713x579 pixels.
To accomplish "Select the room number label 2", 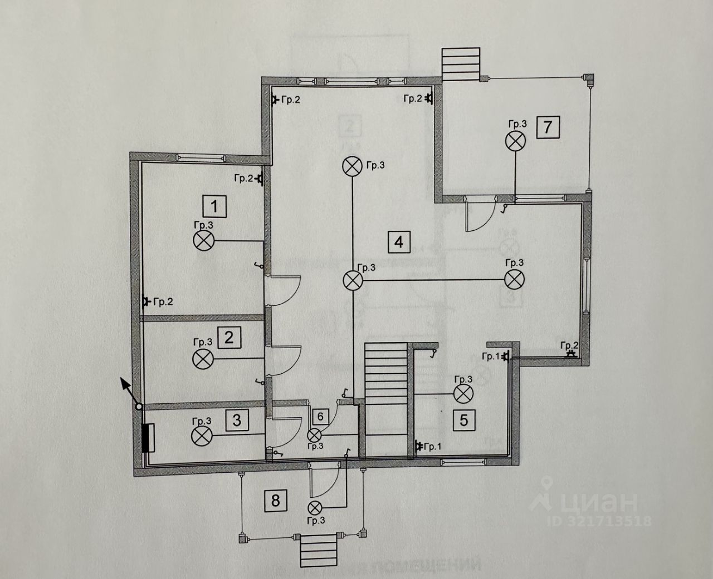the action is tap(229, 337).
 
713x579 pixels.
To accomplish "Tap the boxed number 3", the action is tap(237, 420).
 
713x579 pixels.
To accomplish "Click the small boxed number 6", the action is tap(320, 416).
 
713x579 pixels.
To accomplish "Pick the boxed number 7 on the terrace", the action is tap(548, 127).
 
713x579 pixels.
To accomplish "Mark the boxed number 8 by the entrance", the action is tap(275, 500).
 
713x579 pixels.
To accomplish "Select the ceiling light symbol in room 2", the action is tap(202, 359).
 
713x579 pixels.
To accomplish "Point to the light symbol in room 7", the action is tap(516, 140).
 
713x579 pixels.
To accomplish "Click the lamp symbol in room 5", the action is tap(463, 394).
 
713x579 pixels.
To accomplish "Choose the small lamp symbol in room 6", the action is tap(315, 435).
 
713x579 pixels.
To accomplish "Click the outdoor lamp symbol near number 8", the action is tap(315, 507).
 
